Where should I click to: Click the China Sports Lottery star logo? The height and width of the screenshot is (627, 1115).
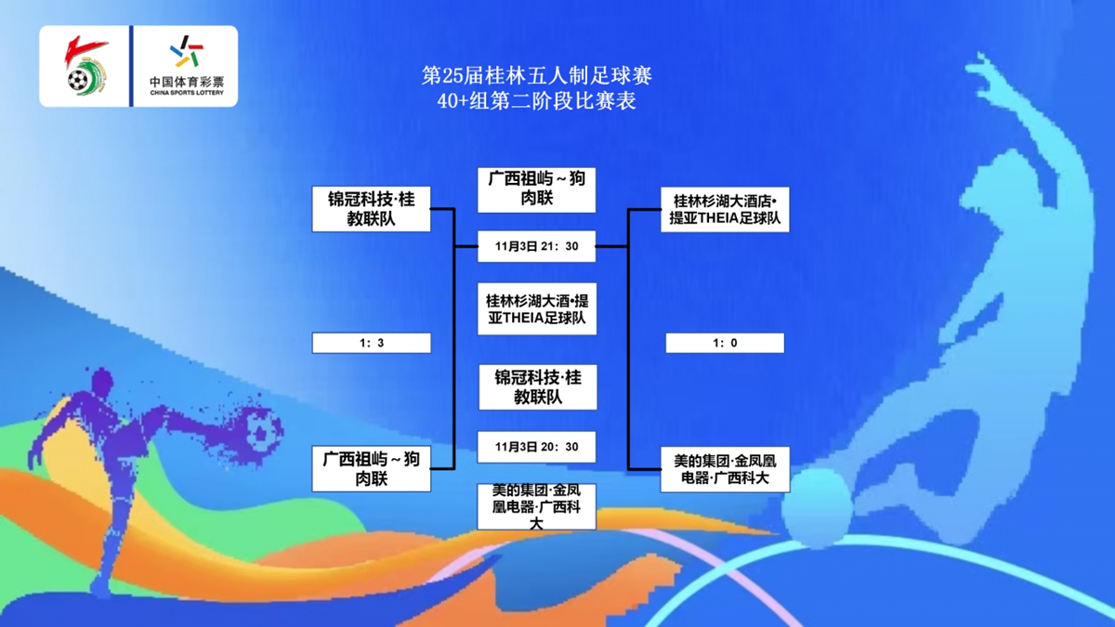(187, 51)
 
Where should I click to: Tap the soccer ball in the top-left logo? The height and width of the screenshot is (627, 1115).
(78, 80)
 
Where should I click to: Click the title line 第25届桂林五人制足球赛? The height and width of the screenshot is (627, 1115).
(537, 76)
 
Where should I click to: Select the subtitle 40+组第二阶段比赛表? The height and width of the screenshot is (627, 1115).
(537, 101)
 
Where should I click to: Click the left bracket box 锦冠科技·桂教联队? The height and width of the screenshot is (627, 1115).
(372, 209)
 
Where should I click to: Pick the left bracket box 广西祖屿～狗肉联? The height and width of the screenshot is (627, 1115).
(372, 469)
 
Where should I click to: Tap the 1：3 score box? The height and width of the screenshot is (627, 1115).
(372, 343)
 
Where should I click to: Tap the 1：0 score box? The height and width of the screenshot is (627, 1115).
(725, 343)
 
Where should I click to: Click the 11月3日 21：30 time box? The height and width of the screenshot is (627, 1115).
(537, 246)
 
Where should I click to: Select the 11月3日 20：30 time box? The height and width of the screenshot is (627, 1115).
(537, 447)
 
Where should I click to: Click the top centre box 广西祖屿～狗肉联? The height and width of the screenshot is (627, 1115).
(537, 190)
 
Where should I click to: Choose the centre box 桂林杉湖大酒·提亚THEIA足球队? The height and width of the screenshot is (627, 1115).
(537, 309)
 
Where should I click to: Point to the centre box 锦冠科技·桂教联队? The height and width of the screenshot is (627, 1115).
(538, 387)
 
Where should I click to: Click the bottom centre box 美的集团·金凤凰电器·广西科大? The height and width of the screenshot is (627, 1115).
(537, 506)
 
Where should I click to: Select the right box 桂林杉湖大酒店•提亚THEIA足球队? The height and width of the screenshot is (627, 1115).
(725, 210)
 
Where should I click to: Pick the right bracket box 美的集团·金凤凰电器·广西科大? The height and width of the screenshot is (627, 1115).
(725, 469)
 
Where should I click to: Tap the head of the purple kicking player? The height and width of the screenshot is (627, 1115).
(102, 382)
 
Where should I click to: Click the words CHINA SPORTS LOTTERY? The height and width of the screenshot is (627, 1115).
(187, 93)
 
